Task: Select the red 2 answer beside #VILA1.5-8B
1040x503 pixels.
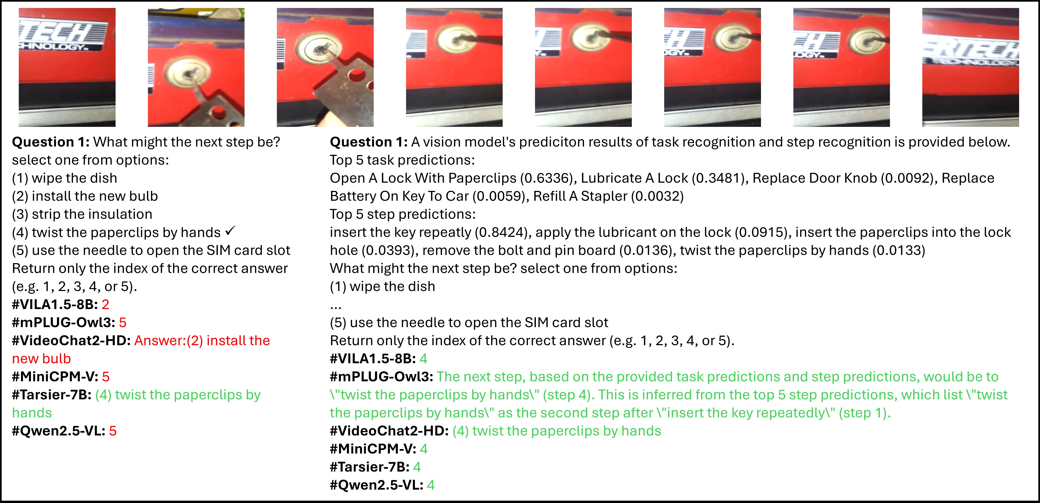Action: tap(105, 304)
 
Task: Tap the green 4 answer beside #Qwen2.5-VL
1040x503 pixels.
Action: tap(431, 485)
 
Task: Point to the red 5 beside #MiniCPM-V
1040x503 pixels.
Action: tap(106, 377)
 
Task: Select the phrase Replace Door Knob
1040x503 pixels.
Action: tap(815, 178)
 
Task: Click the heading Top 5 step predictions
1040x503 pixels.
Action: tap(403, 214)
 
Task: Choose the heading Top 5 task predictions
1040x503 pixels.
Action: tap(402, 160)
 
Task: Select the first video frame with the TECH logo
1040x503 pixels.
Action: tap(67, 67)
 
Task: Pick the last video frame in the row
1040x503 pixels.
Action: tap(971, 67)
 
